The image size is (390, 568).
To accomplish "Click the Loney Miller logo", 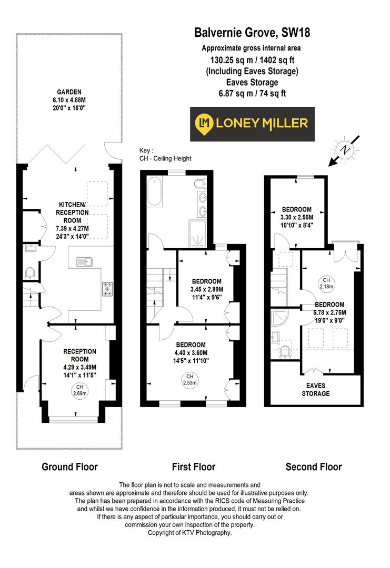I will (252, 124).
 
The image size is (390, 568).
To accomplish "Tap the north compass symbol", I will (345, 150).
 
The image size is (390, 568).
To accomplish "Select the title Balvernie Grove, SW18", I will (252, 33).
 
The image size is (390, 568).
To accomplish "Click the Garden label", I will (69, 92).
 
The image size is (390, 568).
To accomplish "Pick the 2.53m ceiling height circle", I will (189, 379).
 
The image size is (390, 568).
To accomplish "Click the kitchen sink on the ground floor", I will (84, 261).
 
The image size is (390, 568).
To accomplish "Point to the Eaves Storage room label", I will (315, 389).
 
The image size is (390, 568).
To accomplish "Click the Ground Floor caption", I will (69, 466).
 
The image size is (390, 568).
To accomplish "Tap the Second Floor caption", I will (314, 466).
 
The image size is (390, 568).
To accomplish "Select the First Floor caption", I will (194, 466).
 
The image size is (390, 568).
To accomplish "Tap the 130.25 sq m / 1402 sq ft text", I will (252, 60).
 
